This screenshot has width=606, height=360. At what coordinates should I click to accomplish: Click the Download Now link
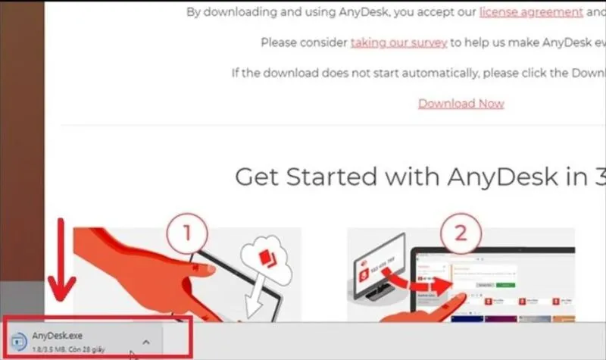pyautogui.click(x=461, y=104)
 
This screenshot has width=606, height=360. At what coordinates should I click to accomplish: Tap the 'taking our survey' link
pyautogui.click(x=398, y=43)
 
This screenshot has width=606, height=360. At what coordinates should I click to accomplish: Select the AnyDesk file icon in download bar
pyautogui.click(x=20, y=340)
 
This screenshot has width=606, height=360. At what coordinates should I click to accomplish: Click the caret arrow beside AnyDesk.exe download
pyautogui.click(x=146, y=341)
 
